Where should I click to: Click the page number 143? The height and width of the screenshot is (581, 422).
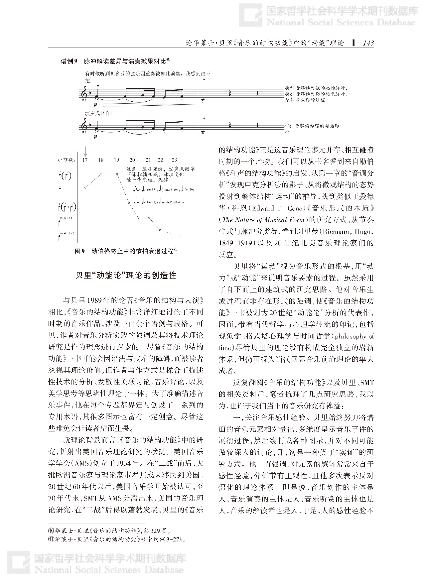368,43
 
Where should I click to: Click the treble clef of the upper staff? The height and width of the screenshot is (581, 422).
84,94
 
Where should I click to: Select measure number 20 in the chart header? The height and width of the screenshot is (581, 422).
132,160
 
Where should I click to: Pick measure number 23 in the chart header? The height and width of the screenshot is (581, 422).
174,160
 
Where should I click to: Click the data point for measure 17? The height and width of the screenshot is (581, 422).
85,188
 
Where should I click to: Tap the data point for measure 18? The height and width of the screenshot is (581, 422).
101,174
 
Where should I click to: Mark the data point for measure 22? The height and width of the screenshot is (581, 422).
160,230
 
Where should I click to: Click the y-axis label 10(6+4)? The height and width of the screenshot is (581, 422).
65,218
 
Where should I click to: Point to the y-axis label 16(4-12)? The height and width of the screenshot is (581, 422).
66,233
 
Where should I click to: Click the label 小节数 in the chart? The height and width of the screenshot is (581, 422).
65,160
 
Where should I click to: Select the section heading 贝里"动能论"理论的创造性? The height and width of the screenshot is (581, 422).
126,275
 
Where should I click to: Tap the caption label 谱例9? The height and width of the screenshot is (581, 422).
69,61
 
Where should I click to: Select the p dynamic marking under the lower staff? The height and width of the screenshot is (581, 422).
96,136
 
